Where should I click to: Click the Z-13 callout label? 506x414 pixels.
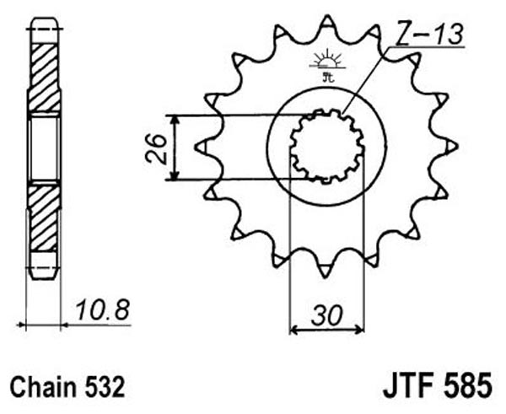coord(428,33)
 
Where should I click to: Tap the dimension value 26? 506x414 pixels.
coord(156,148)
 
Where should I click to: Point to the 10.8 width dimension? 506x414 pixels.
coord(102,309)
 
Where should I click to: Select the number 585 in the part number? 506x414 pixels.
coord(467,385)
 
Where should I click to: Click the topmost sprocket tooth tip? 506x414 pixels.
coord(327,15)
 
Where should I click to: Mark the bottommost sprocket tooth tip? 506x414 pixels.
coord(325,277)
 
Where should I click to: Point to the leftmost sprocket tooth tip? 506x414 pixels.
coord(196,148)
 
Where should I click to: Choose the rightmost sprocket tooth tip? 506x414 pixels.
coord(457,146)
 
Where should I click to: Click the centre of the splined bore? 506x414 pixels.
coord(326,146)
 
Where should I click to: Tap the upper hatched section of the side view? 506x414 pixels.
coord(44,77)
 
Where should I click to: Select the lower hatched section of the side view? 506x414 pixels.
coord(44,217)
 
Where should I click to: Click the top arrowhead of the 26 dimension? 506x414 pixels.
coord(175,120)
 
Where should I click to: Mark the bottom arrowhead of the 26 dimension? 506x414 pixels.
coord(175,175)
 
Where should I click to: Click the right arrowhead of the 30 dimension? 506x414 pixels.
coord(359,331)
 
